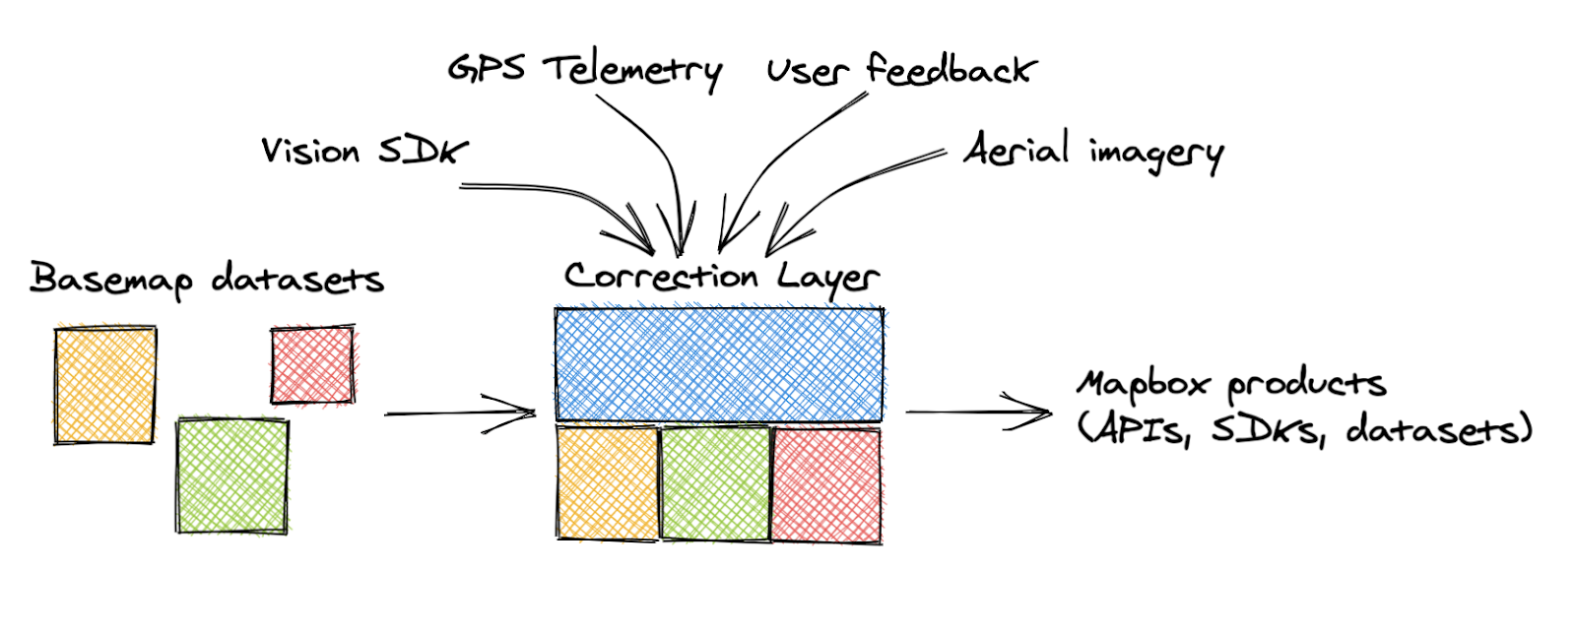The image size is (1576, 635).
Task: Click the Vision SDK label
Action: (364, 151)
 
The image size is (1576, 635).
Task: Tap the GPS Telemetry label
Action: (585, 71)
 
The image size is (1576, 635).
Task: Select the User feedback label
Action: (902, 70)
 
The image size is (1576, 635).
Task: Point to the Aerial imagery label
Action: (1094, 151)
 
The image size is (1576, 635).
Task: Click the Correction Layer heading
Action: (722, 278)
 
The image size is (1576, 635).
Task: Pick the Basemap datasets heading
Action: (207, 280)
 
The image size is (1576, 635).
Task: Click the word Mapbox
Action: (1144, 385)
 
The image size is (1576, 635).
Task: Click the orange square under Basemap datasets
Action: (105, 385)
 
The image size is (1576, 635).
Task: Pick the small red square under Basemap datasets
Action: (313, 365)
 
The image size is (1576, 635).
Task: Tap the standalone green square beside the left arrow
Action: (232, 476)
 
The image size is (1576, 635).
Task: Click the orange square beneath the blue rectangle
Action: (607, 483)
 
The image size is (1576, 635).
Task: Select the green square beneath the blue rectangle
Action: (715, 483)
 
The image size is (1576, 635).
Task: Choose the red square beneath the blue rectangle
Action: (826, 486)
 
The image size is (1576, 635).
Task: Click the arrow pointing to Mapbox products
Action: (979, 413)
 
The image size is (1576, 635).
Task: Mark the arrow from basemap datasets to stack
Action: (460, 413)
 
